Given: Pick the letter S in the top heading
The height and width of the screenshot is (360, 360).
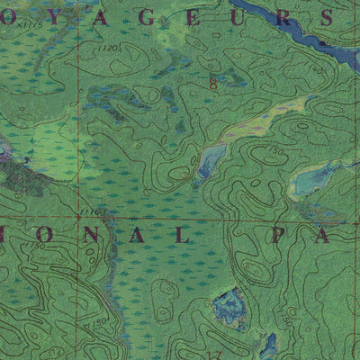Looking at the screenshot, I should click(328, 17).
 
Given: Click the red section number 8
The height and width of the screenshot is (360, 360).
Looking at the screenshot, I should click(212, 84).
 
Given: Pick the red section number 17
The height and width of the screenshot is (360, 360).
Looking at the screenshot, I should click(213, 354).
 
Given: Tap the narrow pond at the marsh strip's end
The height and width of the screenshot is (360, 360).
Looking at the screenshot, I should click(210, 161).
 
